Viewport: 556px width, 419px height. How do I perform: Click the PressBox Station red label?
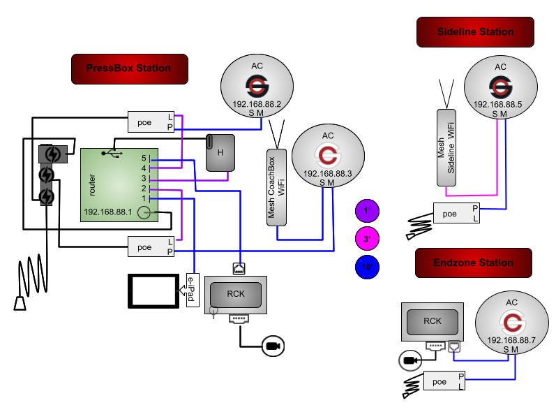[129, 68]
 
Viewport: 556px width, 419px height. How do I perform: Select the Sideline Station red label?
[475, 32]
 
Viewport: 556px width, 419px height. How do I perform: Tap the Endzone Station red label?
[473, 263]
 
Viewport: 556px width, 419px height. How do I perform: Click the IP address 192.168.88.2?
[257, 104]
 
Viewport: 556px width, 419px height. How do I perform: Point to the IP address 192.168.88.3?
[327, 174]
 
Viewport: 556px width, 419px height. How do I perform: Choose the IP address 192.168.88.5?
[500, 105]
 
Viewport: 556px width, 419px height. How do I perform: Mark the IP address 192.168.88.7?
[511, 340]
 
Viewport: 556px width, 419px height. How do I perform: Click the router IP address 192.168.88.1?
[107, 212]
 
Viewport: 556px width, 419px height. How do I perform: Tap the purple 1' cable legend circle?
[367, 210]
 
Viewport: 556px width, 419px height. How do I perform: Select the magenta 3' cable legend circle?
[367, 239]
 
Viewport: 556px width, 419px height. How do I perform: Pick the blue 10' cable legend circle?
[367, 267]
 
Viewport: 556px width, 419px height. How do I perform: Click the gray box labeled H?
[220, 152]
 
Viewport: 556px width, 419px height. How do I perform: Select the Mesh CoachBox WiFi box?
[277, 187]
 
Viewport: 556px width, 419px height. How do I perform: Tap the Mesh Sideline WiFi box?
[446, 148]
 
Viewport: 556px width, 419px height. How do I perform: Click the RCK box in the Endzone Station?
[433, 322]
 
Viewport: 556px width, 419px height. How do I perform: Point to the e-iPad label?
[191, 291]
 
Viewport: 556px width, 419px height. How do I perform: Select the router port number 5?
[144, 159]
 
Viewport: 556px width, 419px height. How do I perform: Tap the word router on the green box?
[92, 184]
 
